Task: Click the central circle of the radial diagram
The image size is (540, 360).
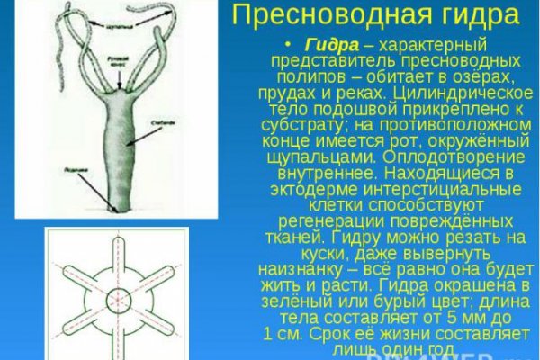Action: [x=117, y=296]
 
